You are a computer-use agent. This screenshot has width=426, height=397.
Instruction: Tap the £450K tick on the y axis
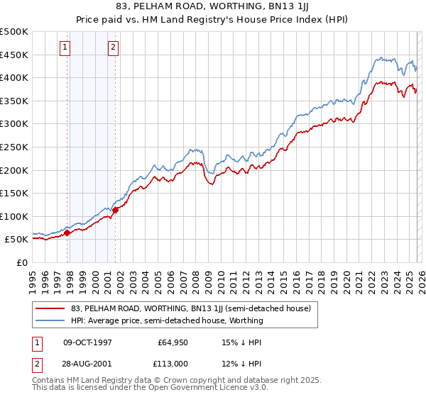tap(14, 55)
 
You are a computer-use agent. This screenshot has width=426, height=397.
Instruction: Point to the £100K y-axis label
tap(14, 216)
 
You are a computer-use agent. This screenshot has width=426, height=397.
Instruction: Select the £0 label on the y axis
tap(21, 262)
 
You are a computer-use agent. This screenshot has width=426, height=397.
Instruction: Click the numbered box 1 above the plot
tap(65, 47)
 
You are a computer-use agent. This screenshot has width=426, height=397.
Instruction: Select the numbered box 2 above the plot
tap(113, 47)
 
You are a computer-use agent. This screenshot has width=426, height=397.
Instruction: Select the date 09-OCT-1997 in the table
tap(89, 342)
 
